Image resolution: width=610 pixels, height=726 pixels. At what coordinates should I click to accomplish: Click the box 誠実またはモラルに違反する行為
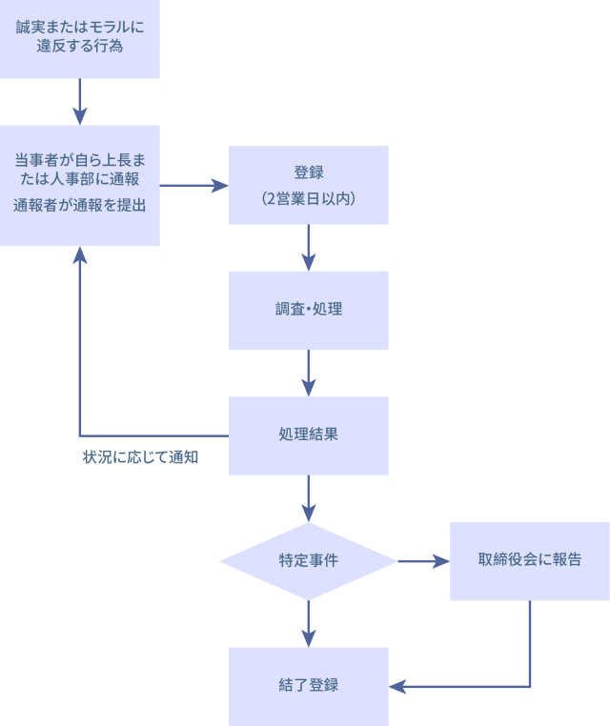[x=80, y=38]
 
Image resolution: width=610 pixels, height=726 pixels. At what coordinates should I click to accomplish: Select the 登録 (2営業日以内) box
[x=308, y=185]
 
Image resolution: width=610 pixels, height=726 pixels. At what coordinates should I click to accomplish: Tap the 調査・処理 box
[x=308, y=310]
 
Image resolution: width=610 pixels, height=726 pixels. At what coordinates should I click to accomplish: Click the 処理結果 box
[x=308, y=435]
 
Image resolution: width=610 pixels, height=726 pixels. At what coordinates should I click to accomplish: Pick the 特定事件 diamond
[x=308, y=561]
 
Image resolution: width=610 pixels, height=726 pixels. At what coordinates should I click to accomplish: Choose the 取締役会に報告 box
[x=529, y=561]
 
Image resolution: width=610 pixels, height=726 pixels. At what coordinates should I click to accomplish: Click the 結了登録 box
[x=308, y=686]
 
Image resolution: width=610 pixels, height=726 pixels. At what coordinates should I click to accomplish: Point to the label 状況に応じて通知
[x=139, y=457]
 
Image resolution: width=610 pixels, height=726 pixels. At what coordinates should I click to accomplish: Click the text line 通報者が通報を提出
[x=80, y=204]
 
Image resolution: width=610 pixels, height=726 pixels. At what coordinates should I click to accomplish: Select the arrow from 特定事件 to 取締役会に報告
[x=423, y=561]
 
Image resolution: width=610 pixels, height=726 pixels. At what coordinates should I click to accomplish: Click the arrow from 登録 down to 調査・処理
[x=308, y=248]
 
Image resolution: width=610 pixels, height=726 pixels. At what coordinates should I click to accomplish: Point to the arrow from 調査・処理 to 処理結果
[x=308, y=373]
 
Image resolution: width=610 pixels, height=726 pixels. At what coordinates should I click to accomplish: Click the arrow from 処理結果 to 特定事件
[x=308, y=498]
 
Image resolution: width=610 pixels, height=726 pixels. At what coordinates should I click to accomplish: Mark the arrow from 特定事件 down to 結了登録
[x=308, y=624]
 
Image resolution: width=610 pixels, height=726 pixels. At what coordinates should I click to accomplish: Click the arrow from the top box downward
[x=80, y=101]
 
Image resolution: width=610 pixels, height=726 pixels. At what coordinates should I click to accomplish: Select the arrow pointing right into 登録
[x=194, y=185]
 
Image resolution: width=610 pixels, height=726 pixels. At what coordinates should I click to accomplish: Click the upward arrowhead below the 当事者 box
[x=80, y=255]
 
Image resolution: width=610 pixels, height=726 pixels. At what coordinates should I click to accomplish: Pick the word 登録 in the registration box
[x=308, y=172]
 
